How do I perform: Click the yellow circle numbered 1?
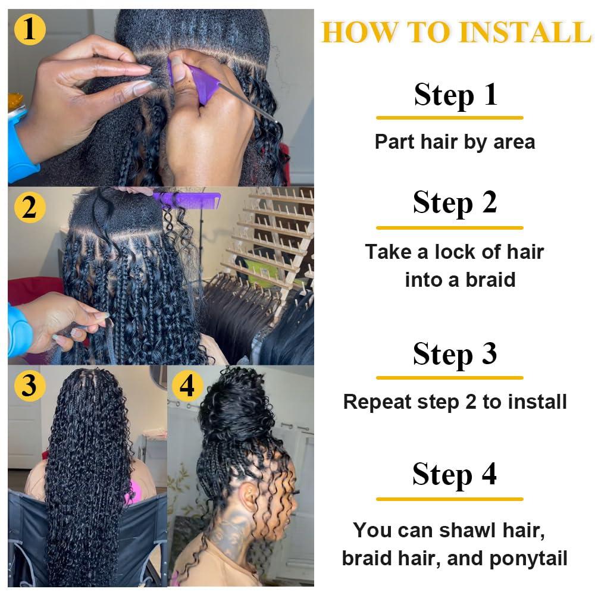[29, 29]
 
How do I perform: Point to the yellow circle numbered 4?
[187, 386]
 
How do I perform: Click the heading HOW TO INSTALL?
[456, 32]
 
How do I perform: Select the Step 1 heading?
[455, 95]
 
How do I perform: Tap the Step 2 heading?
[455, 203]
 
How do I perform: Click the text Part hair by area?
[455, 142]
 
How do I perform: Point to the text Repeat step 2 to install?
[455, 402]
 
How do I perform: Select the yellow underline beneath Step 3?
[450, 378]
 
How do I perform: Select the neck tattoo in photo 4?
[229, 535]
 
